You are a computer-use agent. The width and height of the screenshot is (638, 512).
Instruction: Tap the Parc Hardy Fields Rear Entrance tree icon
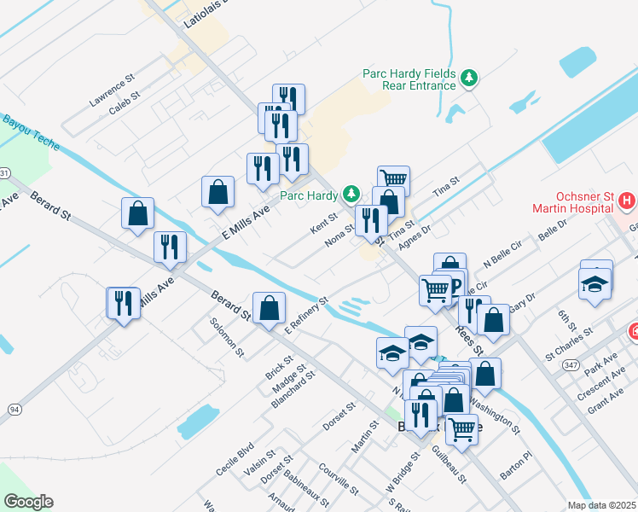(468, 79)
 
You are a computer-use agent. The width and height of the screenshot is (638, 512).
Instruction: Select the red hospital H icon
(627, 201)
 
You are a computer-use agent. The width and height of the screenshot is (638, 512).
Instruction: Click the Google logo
(27, 502)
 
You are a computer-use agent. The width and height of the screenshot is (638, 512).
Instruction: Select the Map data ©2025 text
(602, 505)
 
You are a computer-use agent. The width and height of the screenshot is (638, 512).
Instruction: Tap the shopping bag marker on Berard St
(269, 308)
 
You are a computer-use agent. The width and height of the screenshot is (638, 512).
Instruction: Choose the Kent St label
(325, 225)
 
